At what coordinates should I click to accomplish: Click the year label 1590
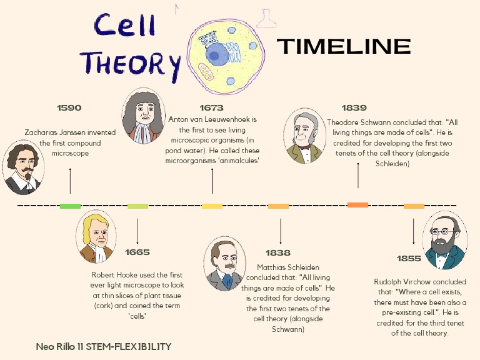[x=69, y=107]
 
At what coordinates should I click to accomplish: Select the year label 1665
[x=137, y=252]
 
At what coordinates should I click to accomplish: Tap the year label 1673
[x=211, y=108]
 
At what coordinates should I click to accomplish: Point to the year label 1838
[x=277, y=252]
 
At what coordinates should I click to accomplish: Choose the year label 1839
[x=354, y=108]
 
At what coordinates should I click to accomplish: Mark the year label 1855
[x=409, y=258]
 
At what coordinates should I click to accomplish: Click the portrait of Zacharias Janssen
[x=23, y=167]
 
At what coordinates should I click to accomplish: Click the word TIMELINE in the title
[x=343, y=46]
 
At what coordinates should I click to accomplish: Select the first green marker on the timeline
[x=70, y=206]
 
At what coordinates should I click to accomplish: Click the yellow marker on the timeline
[x=212, y=206]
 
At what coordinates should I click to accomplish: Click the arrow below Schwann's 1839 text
[x=358, y=174]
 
